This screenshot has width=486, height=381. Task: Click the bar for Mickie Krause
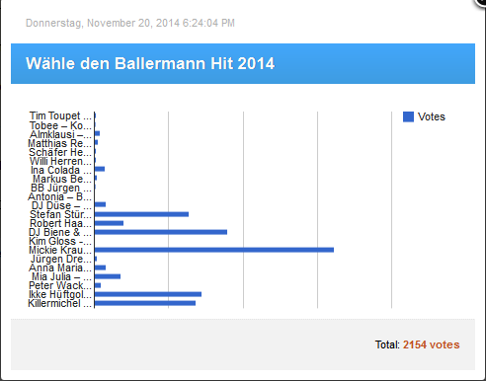coord(213,250)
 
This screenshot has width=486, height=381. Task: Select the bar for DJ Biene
coord(160,232)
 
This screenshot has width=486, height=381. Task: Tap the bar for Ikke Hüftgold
coord(147,294)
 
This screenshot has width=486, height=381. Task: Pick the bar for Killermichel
coord(144,303)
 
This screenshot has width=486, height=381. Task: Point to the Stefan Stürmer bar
coord(141,213)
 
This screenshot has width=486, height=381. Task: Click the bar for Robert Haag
coord(109,223)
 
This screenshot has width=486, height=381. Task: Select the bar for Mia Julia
coord(107,276)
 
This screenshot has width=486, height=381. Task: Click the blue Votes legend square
coord(408,116)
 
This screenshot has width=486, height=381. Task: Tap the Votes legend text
coord(432,116)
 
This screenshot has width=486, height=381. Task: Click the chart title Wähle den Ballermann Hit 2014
coord(150,64)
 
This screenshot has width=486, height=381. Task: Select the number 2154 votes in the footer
coord(431,344)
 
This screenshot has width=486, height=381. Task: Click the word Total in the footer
coord(386,344)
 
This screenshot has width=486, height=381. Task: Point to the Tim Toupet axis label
coord(61,116)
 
